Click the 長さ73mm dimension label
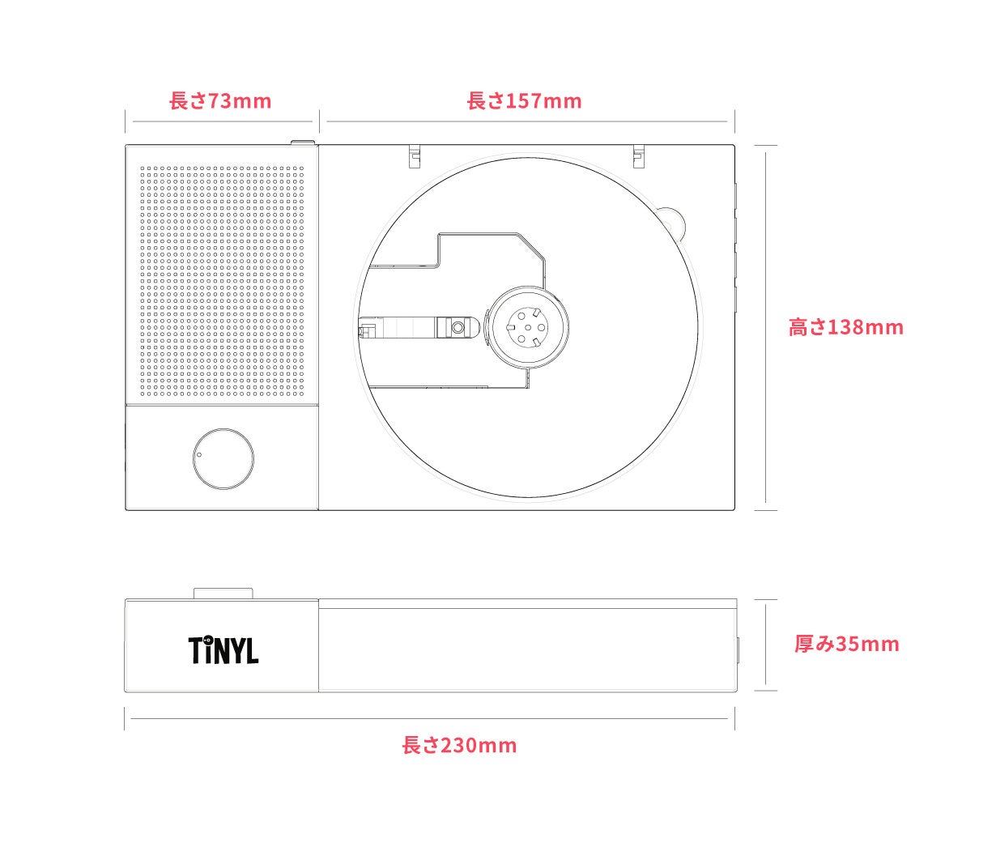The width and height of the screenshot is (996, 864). click(x=220, y=101)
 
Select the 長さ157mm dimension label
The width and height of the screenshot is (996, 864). click(x=524, y=101)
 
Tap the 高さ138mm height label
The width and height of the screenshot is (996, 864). click(x=845, y=327)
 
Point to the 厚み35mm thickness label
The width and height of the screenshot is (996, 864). click(x=846, y=644)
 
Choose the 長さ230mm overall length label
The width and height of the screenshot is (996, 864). click(x=459, y=745)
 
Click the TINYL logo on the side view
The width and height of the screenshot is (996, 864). click(x=223, y=649)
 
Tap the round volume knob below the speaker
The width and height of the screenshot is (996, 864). click(x=223, y=458)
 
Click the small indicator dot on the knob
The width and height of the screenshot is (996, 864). click(x=199, y=454)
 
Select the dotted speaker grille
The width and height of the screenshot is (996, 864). click(x=223, y=282)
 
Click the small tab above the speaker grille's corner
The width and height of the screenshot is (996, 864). click(x=303, y=143)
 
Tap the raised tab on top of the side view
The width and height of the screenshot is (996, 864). click(x=223, y=594)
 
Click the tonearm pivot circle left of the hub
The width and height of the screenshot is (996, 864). click(x=458, y=328)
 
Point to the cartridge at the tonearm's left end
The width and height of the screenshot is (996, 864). click(x=365, y=330)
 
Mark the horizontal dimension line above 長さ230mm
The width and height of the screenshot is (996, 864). click(x=429, y=718)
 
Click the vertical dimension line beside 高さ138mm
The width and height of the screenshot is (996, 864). click(x=766, y=327)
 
